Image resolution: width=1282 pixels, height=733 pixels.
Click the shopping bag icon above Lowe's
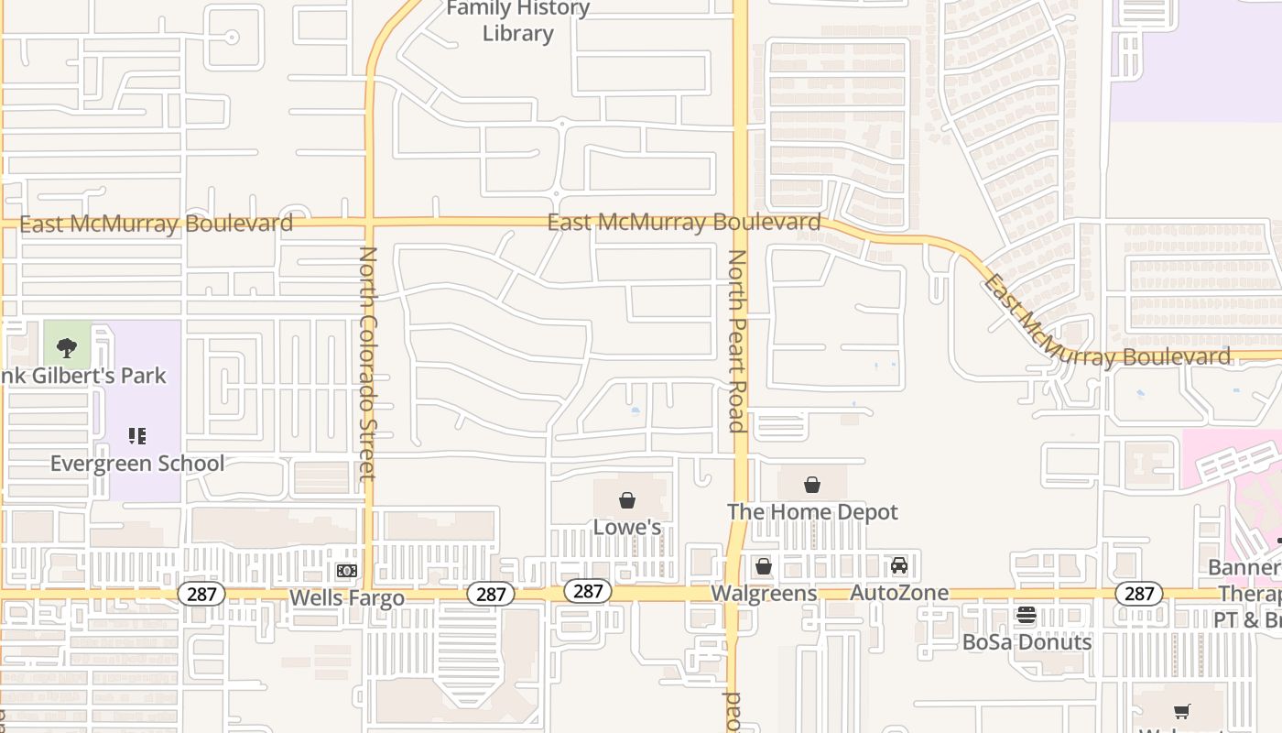click(627, 500)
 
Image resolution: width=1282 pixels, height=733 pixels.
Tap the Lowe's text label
click(627, 527)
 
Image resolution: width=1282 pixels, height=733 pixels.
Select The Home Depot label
click(812, 511)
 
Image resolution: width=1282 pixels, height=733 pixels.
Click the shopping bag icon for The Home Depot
click(812, 485)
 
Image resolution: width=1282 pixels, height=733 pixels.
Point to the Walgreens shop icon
click(764, 566)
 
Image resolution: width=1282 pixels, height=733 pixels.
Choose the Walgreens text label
click(764, 593)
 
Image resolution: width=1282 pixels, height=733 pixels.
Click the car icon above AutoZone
click(899, 566)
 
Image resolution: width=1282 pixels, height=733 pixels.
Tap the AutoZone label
click(899, 593)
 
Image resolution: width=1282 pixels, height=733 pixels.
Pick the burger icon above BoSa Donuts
click(1027, 615)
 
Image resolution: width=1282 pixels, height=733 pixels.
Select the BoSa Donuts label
click(1027, 641)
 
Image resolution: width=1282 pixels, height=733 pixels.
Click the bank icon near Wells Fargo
click(346, 571)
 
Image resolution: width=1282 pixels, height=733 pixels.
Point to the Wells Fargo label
click(346, 598)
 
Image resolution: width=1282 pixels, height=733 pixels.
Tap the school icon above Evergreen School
click(137, 436)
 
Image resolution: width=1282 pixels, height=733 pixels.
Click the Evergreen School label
click(137, 463)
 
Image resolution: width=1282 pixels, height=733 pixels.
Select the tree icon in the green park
click(67, 347)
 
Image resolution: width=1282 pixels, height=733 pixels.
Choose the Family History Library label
click(517, 21)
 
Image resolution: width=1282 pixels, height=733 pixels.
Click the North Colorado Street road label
click(368, 363)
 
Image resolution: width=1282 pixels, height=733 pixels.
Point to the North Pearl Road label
click(736, 340)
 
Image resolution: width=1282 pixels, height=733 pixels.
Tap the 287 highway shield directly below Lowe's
click(587, 591)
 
